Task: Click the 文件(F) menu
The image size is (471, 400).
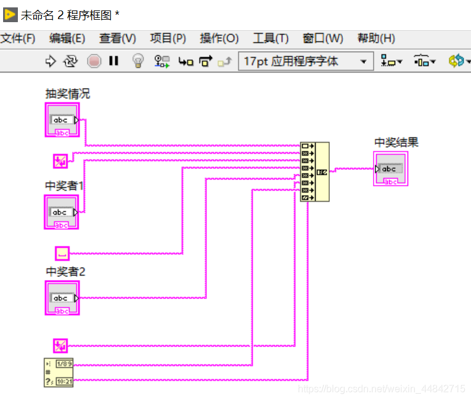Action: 18,38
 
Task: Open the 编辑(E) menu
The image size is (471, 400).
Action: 67,38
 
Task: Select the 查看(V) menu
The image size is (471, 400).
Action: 118,38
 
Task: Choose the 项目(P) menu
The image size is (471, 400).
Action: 168,38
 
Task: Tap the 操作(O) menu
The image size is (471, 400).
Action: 219,38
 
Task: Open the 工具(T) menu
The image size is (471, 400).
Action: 271,38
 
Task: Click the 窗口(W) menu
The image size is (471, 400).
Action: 322,38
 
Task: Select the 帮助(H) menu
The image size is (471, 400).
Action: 375,38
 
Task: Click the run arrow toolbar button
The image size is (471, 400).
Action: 51,61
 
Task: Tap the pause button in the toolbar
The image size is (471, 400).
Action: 113,61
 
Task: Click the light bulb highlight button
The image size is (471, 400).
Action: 138,61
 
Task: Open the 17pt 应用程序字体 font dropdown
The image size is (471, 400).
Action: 306,61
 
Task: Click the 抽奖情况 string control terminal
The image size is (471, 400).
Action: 62,120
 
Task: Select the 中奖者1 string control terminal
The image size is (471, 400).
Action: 62,212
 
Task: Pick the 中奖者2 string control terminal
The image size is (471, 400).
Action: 62,298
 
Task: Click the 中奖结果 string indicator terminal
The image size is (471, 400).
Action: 390,169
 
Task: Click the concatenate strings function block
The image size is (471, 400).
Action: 314,172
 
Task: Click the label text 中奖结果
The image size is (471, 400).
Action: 396,142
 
